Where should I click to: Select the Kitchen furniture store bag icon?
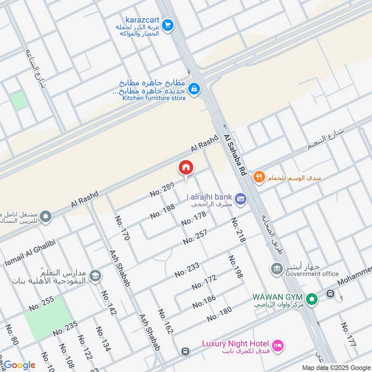(194, 88)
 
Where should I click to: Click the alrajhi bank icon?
(240, 199)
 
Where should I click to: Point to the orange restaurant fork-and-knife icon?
(259, 177)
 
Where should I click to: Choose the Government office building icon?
(277, 268)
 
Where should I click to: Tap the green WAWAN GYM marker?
(312, 298)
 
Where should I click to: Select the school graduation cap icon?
(95, 276)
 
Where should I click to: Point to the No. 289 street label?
(162, 190)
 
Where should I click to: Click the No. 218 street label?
(237, 230)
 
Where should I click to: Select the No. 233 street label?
(187, 270)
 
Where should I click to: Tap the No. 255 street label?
(42, 304)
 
